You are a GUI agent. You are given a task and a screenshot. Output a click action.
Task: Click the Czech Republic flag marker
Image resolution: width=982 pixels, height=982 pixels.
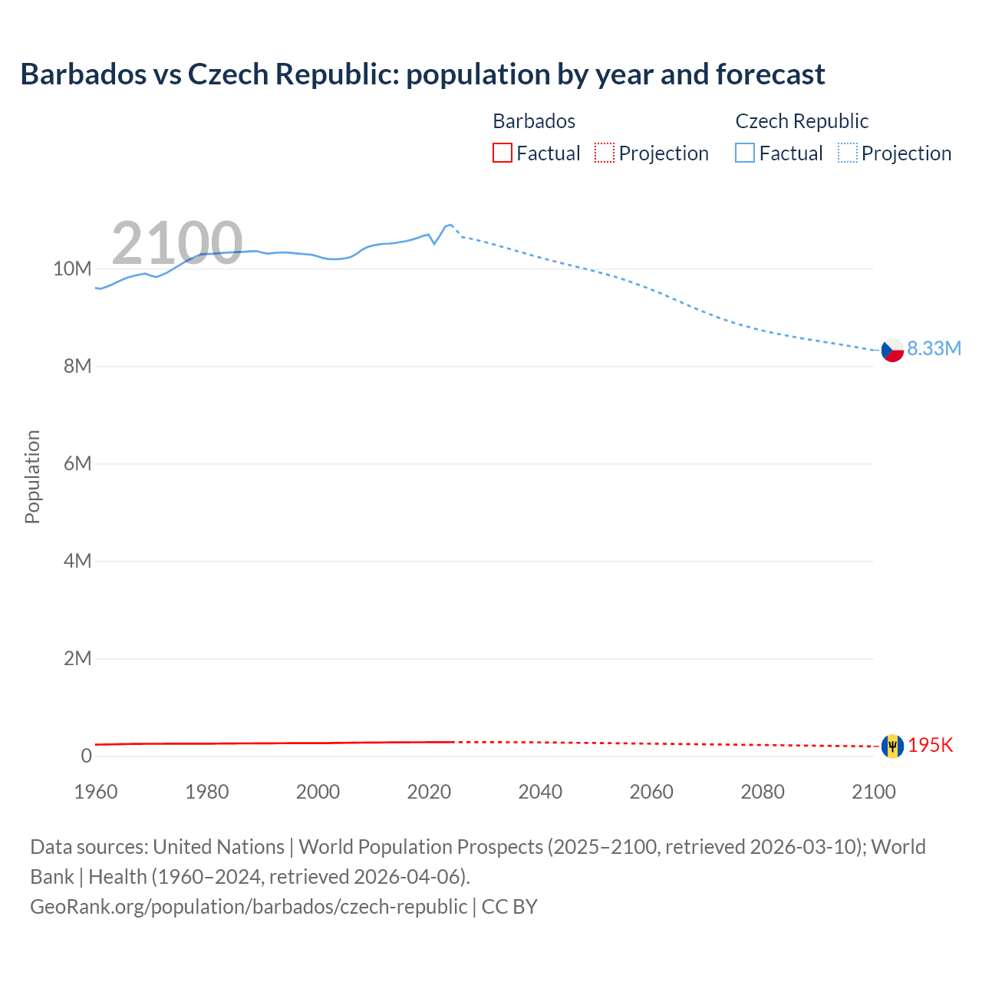click(x=892, y=350)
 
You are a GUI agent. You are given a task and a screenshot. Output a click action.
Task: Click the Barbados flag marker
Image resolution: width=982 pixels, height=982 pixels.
click(x=892, y=746)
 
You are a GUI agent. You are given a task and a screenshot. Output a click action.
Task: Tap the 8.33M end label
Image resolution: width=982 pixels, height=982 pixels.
click(x=934, y=348)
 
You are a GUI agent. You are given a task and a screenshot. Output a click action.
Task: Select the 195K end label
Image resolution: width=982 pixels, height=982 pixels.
click(x=931, y=746)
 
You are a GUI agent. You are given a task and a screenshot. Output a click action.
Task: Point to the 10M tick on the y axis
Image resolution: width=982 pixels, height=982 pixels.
click(x=72, y=269)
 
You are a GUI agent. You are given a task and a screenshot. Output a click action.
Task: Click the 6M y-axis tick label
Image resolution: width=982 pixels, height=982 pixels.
click(x=77, y=464)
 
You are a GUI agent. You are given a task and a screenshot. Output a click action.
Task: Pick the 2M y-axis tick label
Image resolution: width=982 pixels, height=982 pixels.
click(x=77, y=659)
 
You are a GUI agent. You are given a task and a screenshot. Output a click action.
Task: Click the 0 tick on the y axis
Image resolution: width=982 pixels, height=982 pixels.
click(x=86, y=756)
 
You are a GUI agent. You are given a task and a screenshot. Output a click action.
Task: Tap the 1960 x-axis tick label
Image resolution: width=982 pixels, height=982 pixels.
click(x=96, y=792)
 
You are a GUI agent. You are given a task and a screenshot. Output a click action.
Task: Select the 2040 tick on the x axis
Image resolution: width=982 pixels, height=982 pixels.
click(x=540, y=792)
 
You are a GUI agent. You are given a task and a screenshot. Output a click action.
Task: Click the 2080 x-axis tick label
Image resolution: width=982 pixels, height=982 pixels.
click(x=763, y=792)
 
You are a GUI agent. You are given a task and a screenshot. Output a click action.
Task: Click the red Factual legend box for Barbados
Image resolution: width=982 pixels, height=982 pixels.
click(x=502, y=153)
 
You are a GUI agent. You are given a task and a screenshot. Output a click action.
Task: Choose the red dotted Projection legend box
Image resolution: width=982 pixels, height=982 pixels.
click(x=605, y=153)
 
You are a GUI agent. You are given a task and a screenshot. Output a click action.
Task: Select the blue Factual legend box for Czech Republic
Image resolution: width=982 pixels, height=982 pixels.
click(x=745, y=153)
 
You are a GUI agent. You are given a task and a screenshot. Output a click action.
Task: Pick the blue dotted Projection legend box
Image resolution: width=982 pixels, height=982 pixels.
click(x=848, y=153)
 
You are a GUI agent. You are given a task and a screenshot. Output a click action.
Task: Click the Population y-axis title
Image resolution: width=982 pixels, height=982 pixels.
click(x=32, y=476)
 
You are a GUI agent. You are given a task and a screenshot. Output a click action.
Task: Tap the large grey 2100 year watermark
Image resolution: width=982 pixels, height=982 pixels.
click(x=177, y=243)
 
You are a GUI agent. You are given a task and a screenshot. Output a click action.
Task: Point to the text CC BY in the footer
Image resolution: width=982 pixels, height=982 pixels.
click(x=509, y=907)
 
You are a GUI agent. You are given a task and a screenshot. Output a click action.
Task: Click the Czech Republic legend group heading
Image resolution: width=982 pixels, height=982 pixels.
click(x=802, y=121)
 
